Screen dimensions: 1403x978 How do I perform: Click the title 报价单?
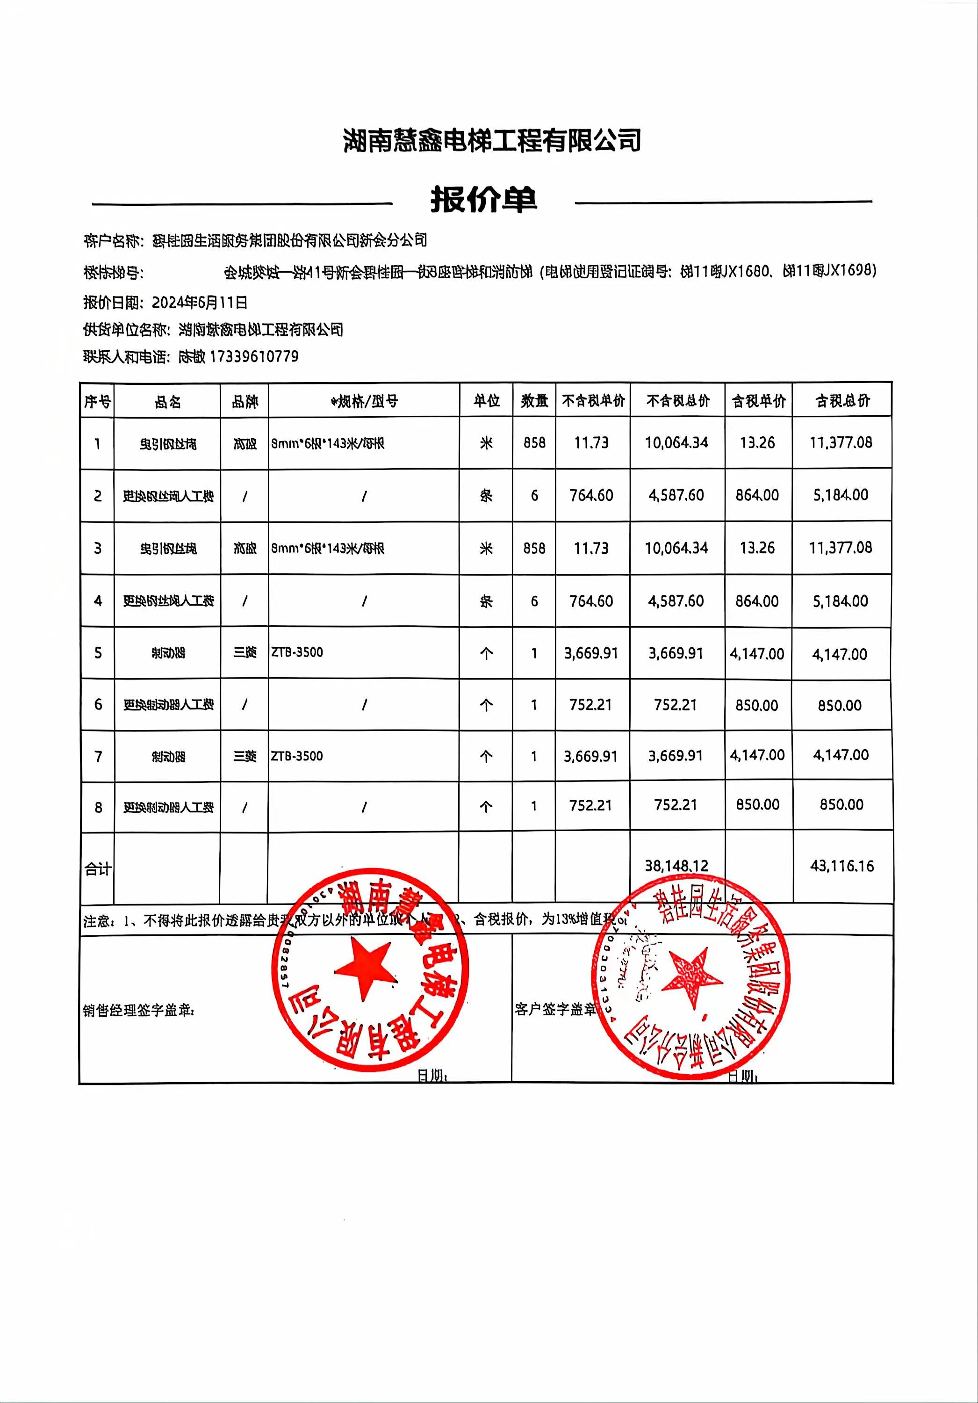pyautogui.click(x=483, y=200)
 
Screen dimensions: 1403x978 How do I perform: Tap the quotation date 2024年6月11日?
pyautogui.click(x=199, y=303)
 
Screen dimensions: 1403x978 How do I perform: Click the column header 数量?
pyautogui.click(x=534, y=401)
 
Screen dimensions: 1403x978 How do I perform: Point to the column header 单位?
pyautogui.click(x=486, y=401)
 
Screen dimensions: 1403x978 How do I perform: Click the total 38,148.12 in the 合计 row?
pyautogui.click(x=676, y=865)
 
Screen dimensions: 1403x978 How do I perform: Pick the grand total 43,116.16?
pyautogui.click(x=842, y=866)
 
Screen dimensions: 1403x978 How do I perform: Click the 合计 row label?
pyautogui.click(x=98, y=868)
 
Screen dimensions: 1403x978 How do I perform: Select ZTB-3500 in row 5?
pyautogui.click(x=297, y=652)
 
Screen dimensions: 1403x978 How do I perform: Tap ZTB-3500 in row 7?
pyautogui.click(x=297, y=756)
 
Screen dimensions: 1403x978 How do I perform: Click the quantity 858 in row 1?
pyautogui.click(x=534, y=443)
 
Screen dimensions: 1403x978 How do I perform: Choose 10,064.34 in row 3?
pyautogui.click(x=676, y=548)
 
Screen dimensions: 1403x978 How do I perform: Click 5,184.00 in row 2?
pyautogui.click(x=841, y=495)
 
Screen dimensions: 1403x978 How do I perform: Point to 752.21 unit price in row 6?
pyautogui.click(x=590, y=705)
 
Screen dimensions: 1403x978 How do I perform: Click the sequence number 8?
pyautogui.click(x=98, y=808)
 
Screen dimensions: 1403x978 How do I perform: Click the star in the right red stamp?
pyautogui.click(x=692, y=976)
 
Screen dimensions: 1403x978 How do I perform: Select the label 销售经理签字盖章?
pyautogui.click(x=139, y=1011)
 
